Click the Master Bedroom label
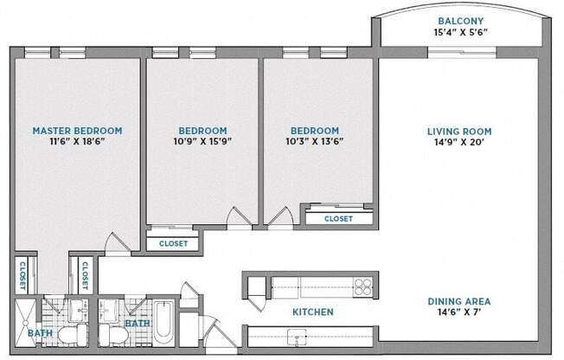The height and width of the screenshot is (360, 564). (x=77, y=131)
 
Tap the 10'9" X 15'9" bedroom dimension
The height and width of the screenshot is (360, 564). (x=202, y=141)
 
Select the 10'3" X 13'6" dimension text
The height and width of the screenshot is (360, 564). (x=315, y=141)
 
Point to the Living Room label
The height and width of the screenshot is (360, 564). (x=459, y=132)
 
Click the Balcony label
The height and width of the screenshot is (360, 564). (x=461, y=21)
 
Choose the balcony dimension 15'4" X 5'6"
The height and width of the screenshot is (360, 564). (x=461, y=32)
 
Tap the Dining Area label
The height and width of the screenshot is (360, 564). (x=459, y=301)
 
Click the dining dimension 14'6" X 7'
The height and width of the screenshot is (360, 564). (x=459, y=312)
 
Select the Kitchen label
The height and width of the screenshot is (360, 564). (x=313, y=312)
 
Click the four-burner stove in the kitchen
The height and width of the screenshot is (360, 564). (x=363, y=287)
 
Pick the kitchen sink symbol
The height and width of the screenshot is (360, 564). (x=297, y=337)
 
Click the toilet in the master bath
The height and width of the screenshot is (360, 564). (x=73, y=334)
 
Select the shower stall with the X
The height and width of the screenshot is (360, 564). (x=25, y=323)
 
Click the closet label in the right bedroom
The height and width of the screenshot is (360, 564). (x=338, y=219)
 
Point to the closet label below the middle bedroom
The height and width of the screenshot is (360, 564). (x=173, y=244)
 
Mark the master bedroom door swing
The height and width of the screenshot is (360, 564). (x=118, y=244)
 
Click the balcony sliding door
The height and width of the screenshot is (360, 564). (x=462, y=53)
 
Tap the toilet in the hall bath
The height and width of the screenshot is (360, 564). (x=113, y=335)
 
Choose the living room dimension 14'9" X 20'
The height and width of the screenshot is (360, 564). (x=459, y=142)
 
